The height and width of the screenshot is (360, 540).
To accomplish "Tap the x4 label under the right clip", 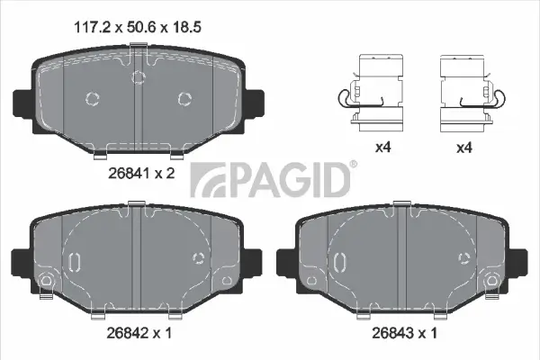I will pyautogui.click(x=464, y=148).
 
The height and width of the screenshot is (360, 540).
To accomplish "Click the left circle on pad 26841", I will pyautogui.click(x=90, y=98).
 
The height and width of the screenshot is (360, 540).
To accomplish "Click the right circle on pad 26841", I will pyautogui.click(x=185, y=98).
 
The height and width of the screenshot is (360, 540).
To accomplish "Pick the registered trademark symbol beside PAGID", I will pyautogui.click(x=353, y=164).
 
